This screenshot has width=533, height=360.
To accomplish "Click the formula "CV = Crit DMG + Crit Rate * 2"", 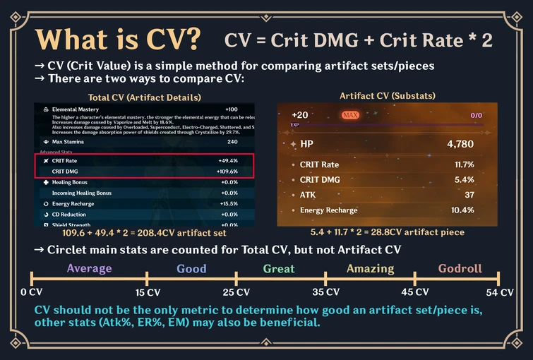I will click(369, 40).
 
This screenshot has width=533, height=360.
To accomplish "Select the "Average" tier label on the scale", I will click(89, 268).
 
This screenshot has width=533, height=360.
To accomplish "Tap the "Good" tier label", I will click(191, 268).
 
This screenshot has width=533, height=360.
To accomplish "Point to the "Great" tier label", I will click(279, 268).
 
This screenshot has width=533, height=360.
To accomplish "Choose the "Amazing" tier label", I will click(370, 268).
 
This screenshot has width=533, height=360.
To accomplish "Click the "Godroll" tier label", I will click(460, 268).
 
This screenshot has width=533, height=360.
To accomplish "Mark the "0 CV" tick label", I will click(33, 292).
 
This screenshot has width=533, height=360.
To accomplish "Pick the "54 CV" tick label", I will click(498, 292).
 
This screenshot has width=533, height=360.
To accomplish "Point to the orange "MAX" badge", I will click(350, 114).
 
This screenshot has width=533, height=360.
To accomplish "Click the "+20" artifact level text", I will click(299, 114).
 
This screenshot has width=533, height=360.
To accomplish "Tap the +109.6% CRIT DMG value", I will click(228, 171).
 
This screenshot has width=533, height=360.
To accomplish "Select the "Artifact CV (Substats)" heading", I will click(387, 95).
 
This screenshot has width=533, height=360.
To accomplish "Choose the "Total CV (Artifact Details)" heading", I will click(145, 97).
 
